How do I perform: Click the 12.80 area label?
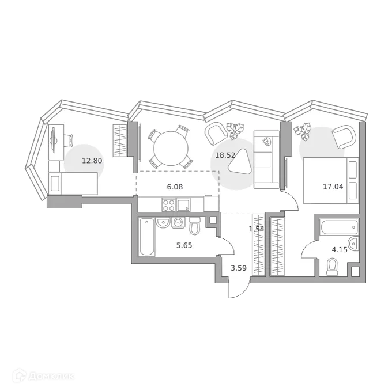tap(92, 161)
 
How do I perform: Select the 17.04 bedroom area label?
tap(333, 186)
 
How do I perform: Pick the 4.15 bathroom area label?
tap(339, 250)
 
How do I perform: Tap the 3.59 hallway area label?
tap(239, 267)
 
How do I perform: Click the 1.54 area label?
tap(256, 229)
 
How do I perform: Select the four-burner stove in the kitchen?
tap(168, 205)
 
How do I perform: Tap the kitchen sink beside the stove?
tap(183, 204)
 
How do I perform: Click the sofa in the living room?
tap(266, 159)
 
